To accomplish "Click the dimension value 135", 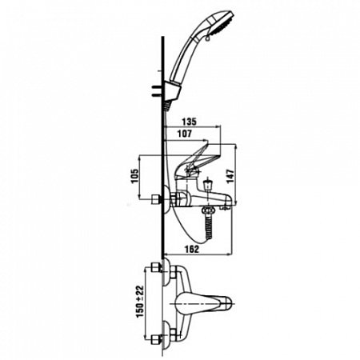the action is tap(190, 122).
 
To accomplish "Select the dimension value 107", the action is tap(185, 134).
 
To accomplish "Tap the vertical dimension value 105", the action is tap(135, 176).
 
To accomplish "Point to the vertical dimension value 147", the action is tap(230, 176).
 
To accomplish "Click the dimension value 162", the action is tap(192, 249).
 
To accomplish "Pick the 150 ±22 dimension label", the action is tap(140, 302).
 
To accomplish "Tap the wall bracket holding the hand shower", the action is tap(172, 91).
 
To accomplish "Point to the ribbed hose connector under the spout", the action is tap(209, 224).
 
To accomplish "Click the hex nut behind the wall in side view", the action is tap(155, 199).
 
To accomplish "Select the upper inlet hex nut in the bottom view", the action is tap(155, 267).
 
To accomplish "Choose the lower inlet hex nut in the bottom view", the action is tap(155, 339).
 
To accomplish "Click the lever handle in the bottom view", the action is tap(203, 304).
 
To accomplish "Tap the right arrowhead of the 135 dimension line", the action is tap(218, 127).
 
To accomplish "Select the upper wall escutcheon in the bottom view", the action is tap(166, 272).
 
